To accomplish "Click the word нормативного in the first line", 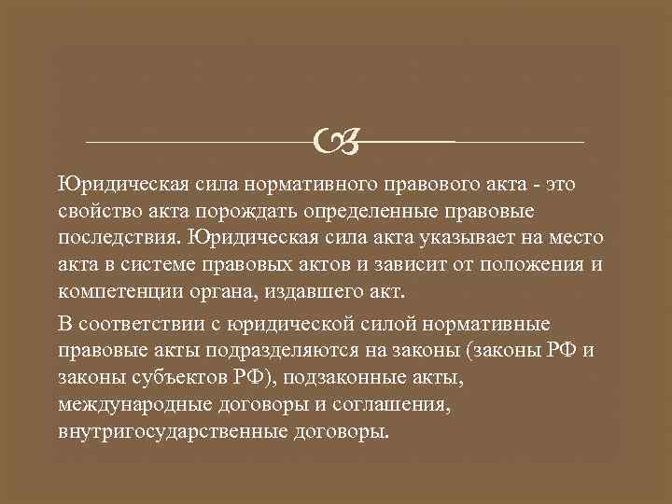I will tap(298, 181).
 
